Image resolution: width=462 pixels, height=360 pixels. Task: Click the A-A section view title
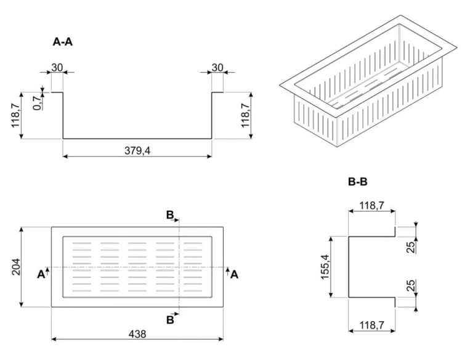[62, 42]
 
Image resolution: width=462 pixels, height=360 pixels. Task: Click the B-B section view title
[358, 182]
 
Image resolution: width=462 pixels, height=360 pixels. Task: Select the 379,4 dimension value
[137, 150]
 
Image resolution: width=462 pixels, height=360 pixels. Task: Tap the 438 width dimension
[137, 334]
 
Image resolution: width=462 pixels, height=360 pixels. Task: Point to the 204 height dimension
[16, 266]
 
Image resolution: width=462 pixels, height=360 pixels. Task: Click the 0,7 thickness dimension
[38, 102]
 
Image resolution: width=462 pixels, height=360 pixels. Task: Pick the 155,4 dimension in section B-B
[325, 266]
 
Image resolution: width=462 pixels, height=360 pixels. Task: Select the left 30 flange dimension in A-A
[57, 68]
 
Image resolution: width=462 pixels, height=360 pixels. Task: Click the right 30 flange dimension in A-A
[217, 68]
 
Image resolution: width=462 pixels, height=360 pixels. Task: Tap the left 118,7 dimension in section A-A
[16, 115]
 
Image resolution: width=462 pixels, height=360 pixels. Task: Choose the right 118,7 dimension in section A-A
[245, 115]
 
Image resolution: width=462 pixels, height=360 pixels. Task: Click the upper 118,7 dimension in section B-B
[372, 205]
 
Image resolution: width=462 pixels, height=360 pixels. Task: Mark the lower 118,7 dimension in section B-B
[372, 325]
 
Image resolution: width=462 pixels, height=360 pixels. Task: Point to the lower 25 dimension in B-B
[411, 285]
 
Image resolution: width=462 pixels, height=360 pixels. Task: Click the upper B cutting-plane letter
[170, 215]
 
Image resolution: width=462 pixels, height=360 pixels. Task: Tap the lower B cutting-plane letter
[170, 319]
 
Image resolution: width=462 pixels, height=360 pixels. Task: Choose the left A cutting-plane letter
[41, 274]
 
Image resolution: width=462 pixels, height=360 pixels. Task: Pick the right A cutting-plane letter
[234, 274]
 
